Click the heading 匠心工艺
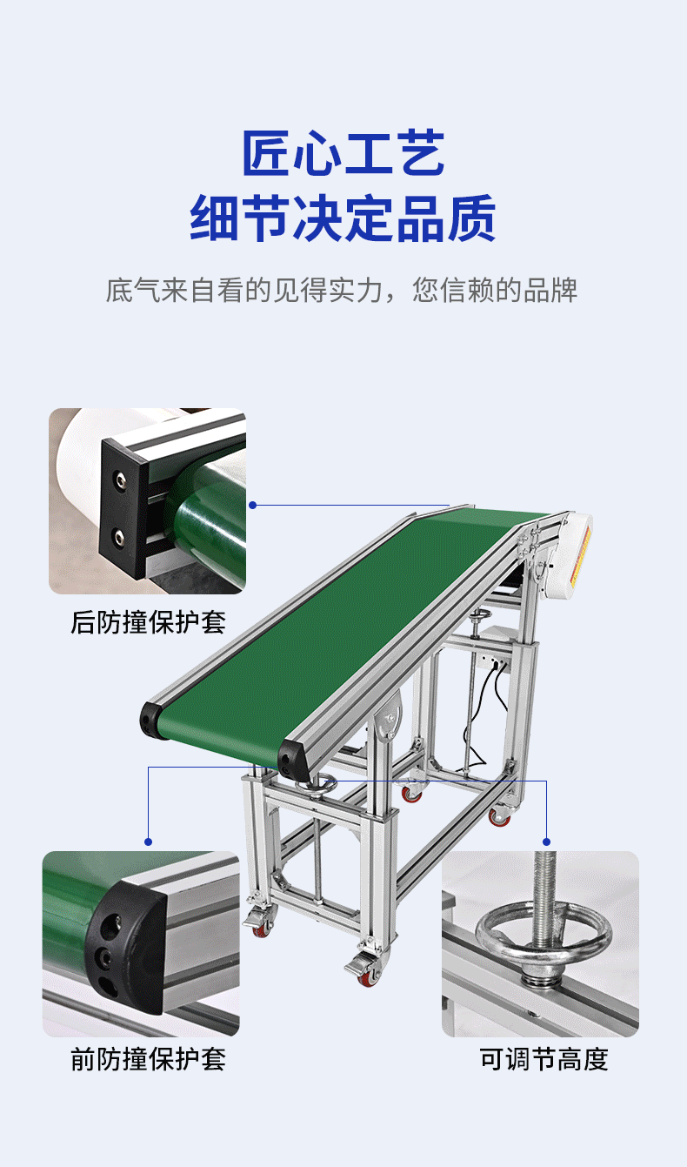tap(343, 154)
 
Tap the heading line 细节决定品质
tap(343, 218)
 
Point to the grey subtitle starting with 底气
tap(342, 291)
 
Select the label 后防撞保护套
tap(148, 622)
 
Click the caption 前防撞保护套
tap(148, 1059)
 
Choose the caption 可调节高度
tap(544, 1059)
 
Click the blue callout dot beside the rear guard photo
tap(252, 505)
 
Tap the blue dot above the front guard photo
tap(148, 842)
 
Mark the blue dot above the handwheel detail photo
tap(546, 842)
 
